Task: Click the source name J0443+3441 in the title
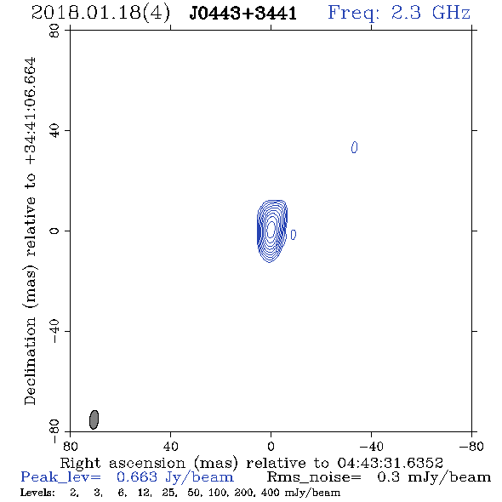pos(243,14)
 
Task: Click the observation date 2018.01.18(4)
pos(100,14)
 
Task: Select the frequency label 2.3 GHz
pos(431,13)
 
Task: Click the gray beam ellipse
pos(94,419)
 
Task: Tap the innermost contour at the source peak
pos(271,229)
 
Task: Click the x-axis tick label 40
pos(170,446)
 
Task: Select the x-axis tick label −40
pos(371,446)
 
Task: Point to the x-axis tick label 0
pos(271,446)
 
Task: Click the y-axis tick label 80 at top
pos(54,31)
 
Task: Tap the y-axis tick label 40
pos(54,131)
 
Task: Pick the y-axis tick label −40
pos(54,331)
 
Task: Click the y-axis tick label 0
pos(54,231)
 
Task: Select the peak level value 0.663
pos(137,477)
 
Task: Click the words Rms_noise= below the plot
pos(314,477)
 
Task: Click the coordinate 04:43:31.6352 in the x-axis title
pos(390,463)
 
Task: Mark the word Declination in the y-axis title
pos(30,361)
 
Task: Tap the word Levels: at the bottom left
pos(37,492)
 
